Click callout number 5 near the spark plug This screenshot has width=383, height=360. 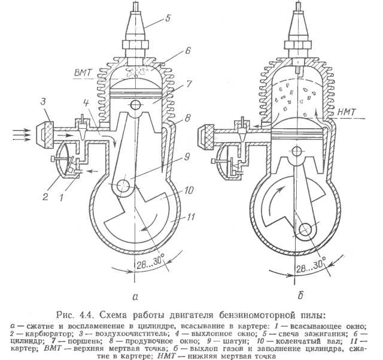click(x=168, y=18)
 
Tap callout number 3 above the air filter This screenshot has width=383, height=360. click(x=43, y=101)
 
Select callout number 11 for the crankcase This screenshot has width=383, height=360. click(x=190, y=217)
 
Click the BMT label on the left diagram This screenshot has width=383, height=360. click(x=83, y=73)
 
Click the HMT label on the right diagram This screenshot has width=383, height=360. click(x=346, y=112)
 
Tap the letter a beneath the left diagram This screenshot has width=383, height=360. click(x=135, y=297)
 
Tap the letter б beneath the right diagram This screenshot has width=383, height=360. click(x=300, y=295)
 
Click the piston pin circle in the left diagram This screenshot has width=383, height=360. click(x=135, y=105)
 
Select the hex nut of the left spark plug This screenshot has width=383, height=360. click(x=135, y=45)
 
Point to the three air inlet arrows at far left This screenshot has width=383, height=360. click(x=22, y=135)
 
